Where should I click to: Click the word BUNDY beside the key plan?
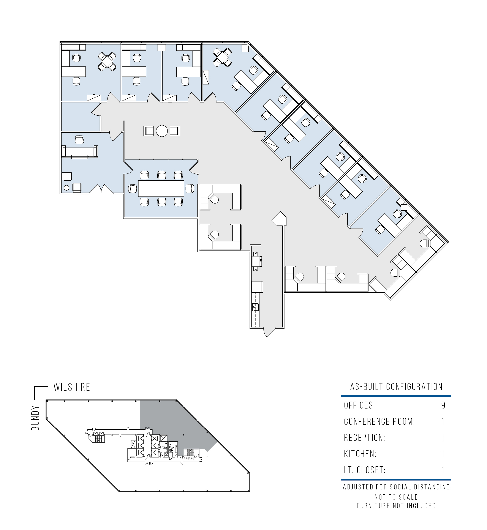pyautogui.click(x=35, y=418)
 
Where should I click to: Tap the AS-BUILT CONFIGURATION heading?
pyautogui.click(x=396, y=387)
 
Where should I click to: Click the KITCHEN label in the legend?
pyautogui.click(x=360, y=454)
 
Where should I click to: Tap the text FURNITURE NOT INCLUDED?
pyautogui.click(x=396, y=506)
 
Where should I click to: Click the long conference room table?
pyautogui.click(x=161, y=188)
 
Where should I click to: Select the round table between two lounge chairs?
pyautogui.click(x=162, y=131)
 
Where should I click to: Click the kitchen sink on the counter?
pyautogui.click(x=256, y=307)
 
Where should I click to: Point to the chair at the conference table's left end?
pyautogui.click(x=133, y=189)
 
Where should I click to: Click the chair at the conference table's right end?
pyautogui.click(x=190, y=189)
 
